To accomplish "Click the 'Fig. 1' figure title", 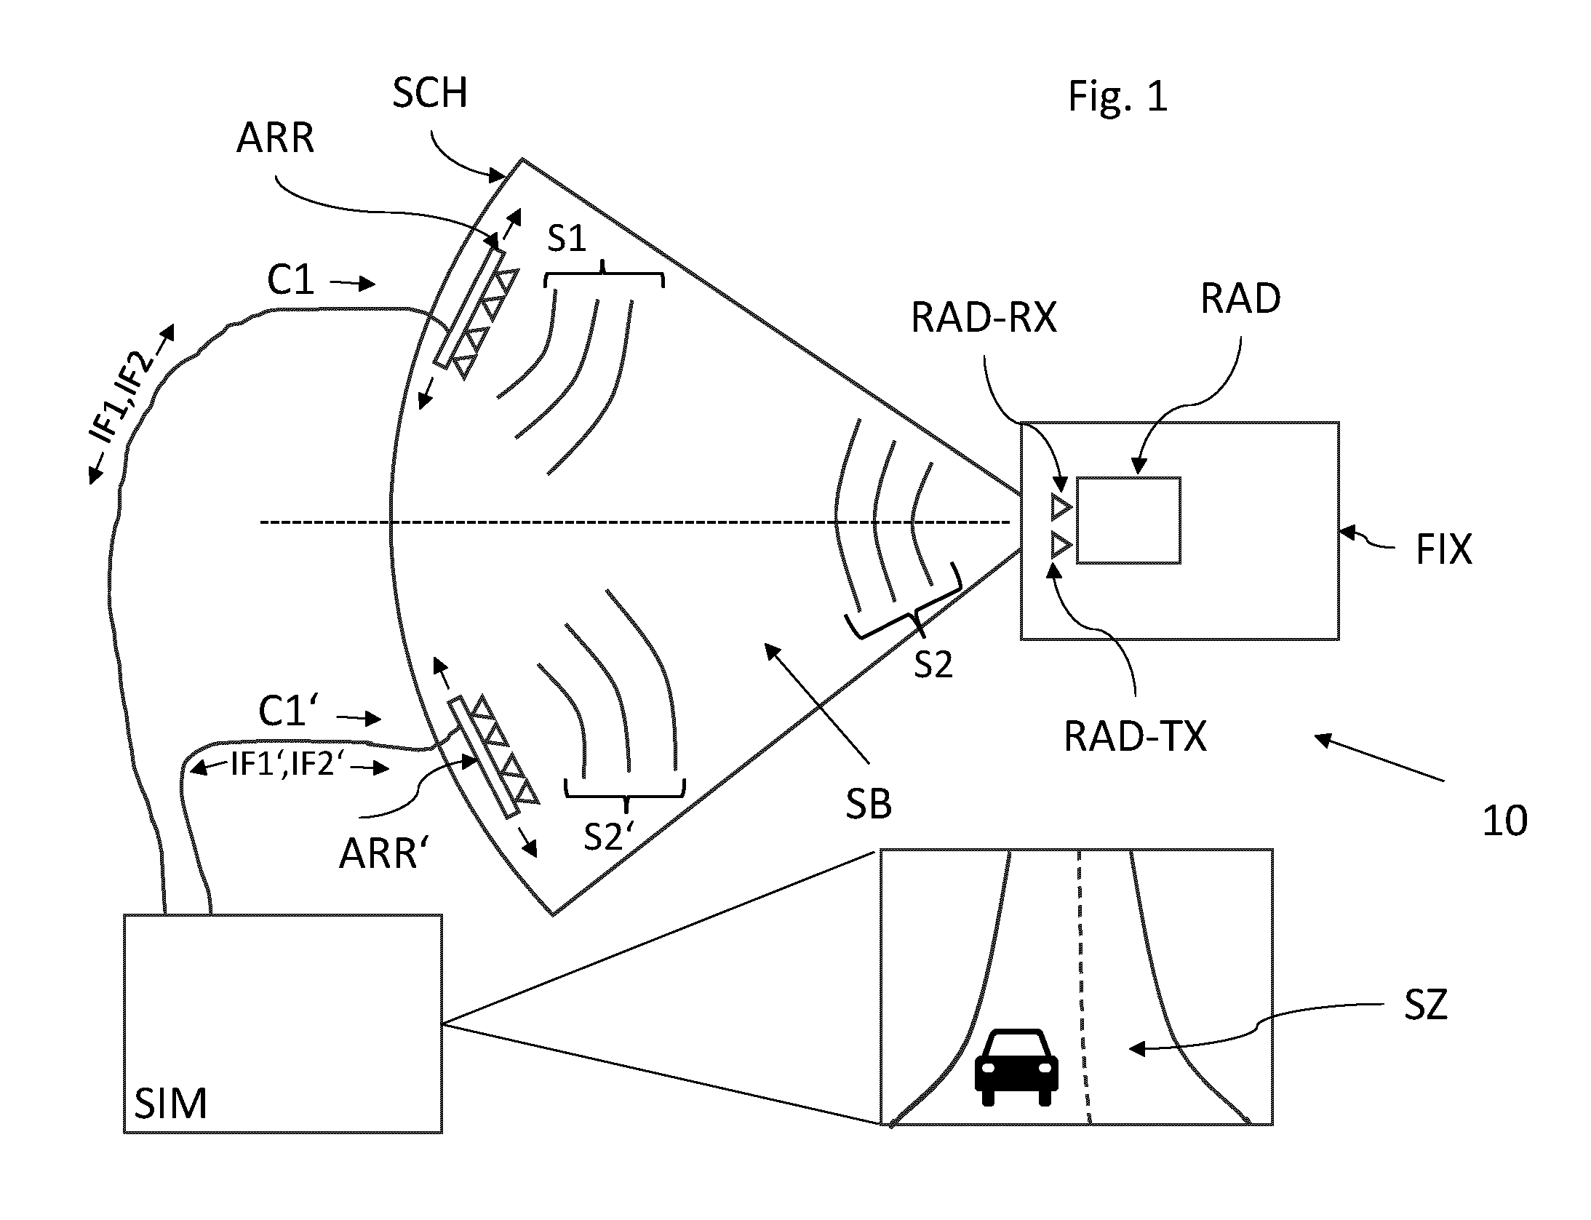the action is tap(1117, 97).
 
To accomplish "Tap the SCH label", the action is tap(429, 92).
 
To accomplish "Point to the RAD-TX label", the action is tap(1135, 736).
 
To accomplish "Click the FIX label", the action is tap(1444, 549).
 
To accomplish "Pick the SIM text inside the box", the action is tap(171, 1104).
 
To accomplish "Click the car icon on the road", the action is tap(1016, 1066).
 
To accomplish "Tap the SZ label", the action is tap(1426, 1005).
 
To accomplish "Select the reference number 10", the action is tap(1505, 821).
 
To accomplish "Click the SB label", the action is tap(869, 805).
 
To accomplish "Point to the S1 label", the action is tap(567, 237).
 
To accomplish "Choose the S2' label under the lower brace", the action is tap(605, 837).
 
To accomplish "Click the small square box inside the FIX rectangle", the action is tap(1128, 520).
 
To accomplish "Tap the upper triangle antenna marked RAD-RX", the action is tap(1061, 506).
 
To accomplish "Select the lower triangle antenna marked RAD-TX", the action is tap(1061, 544).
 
